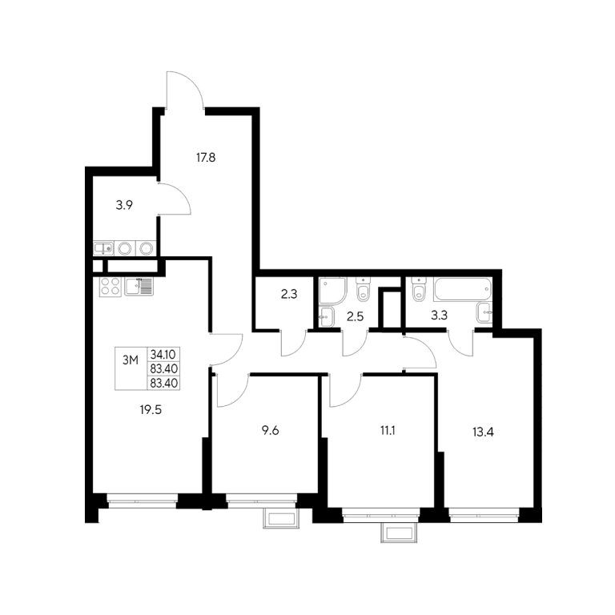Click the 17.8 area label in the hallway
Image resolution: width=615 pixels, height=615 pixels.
coord(206,158)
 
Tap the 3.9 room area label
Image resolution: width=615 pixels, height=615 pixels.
coord(124,205)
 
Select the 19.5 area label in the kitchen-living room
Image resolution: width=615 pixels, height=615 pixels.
coord(151,410)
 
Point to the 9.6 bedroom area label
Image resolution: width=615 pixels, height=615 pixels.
coord(270,430)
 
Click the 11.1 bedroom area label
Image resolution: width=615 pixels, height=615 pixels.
coord(388,430)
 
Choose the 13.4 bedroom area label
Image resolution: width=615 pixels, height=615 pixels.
coord(483,432)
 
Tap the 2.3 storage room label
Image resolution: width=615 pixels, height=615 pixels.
coord(289,294)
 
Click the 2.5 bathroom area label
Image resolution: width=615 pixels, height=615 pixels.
coord(356,316)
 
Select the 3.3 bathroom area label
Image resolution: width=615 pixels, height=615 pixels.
coord(440,315)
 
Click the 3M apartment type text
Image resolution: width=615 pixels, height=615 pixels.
coord(131,360)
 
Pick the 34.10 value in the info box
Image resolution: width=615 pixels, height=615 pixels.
coord(163,355)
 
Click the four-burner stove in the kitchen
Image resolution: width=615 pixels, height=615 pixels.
coord(110,287)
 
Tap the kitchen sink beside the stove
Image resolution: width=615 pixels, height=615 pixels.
coord(139,287)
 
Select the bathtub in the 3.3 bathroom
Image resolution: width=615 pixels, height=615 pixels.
coord(462,289)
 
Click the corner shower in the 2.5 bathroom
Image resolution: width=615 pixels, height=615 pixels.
coord(333,291)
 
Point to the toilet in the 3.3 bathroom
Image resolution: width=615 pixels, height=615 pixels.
coord(419,289)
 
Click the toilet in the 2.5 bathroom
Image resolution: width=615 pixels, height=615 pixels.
coord(363,289)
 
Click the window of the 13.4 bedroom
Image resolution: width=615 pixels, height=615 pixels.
coord(484,515)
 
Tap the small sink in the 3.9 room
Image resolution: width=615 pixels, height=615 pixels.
coord(103,248)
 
